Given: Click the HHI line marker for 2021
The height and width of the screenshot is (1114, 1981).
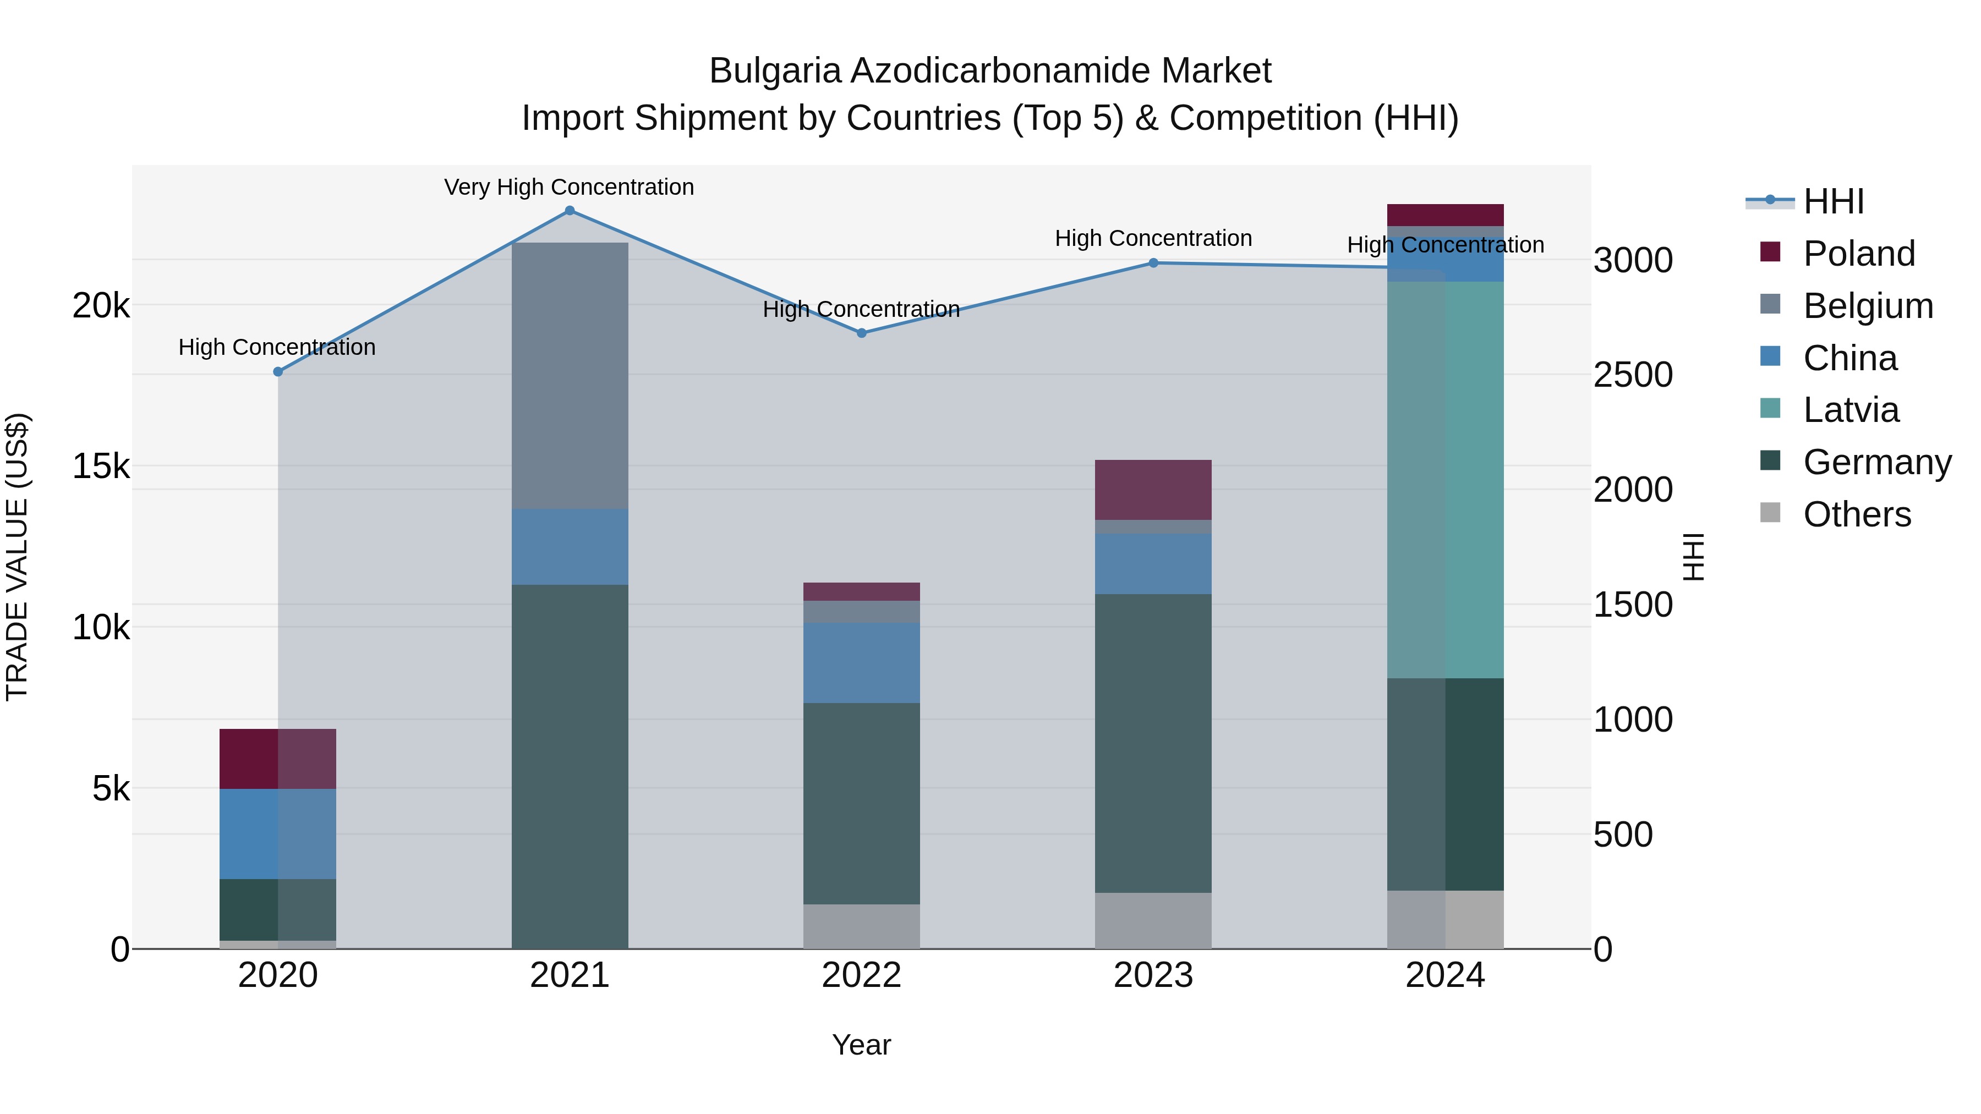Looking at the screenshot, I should click(570, 211).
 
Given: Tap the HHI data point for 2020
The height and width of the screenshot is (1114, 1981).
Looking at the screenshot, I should click(278, 372).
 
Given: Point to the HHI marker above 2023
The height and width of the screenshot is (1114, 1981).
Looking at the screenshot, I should click(1153, 263).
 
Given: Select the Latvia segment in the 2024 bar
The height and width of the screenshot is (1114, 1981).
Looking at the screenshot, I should click(1445, 480).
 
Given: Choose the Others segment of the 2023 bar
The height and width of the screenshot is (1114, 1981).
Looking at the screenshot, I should click(1153, 920).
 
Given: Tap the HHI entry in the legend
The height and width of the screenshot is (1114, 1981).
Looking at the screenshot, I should click(1834, 201).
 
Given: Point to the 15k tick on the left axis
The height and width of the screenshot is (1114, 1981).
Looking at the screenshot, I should click(101, 467).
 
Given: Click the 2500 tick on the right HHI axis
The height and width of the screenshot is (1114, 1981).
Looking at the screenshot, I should click(1632, 375).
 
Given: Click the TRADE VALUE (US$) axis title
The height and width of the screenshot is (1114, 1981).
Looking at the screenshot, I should click(17, 557).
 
